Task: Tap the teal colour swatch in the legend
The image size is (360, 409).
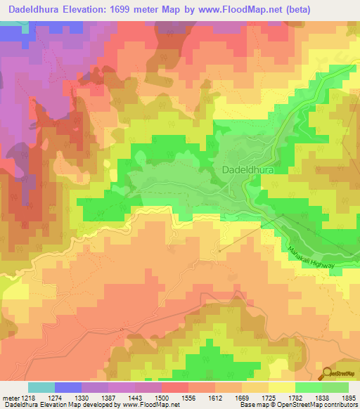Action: tap(41, 387)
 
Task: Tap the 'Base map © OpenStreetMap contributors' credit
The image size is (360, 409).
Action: tap(298, 405)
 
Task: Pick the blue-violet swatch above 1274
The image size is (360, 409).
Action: tap(68, 387)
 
